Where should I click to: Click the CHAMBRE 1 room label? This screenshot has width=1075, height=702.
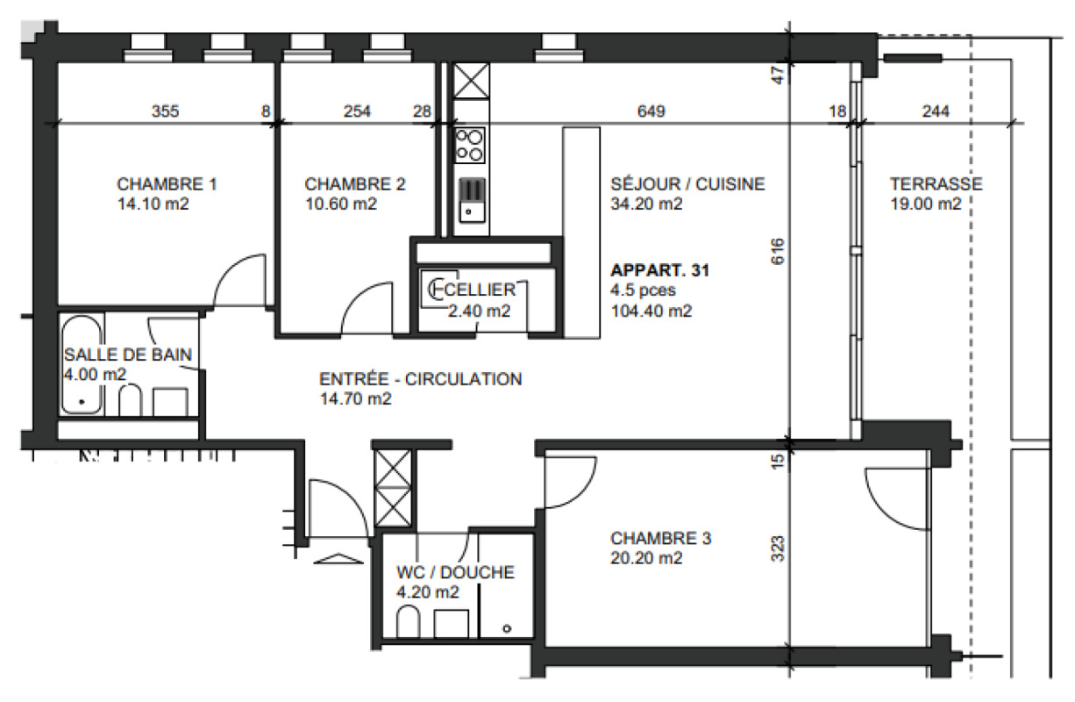(x=167, y=184)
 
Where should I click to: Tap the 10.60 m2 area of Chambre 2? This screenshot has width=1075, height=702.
(x=341, y=204)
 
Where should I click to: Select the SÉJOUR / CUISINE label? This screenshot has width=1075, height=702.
(x=687, y=184)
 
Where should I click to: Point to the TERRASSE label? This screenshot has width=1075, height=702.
(x=936, y=184)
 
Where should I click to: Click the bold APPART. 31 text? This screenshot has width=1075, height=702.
(x=659, y=270)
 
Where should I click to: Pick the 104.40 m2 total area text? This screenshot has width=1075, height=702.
(x=651, y=312)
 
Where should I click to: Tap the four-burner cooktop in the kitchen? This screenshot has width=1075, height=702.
(x=469, y=146)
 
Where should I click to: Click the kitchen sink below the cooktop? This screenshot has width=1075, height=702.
(x=473, y=200)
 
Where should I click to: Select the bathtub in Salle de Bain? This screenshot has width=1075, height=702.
(x=82, y=364)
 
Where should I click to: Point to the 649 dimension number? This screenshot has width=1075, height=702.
(x=651, y=111)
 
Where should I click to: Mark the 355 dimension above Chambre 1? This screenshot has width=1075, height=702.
(x=165, y=111)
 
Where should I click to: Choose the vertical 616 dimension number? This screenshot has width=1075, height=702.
(x=777, y=251)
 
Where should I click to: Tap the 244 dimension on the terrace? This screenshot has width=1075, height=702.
(x=936, y=111)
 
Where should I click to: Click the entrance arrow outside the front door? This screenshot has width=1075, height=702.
(x=338, y=559)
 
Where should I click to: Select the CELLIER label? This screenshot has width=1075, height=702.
(x=480, y=290)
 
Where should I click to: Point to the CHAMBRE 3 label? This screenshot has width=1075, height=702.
(x=660, y=538)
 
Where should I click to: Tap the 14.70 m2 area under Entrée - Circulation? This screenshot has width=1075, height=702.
(x=356, y=399)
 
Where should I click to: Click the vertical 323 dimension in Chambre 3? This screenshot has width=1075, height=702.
(x=777, y=548)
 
